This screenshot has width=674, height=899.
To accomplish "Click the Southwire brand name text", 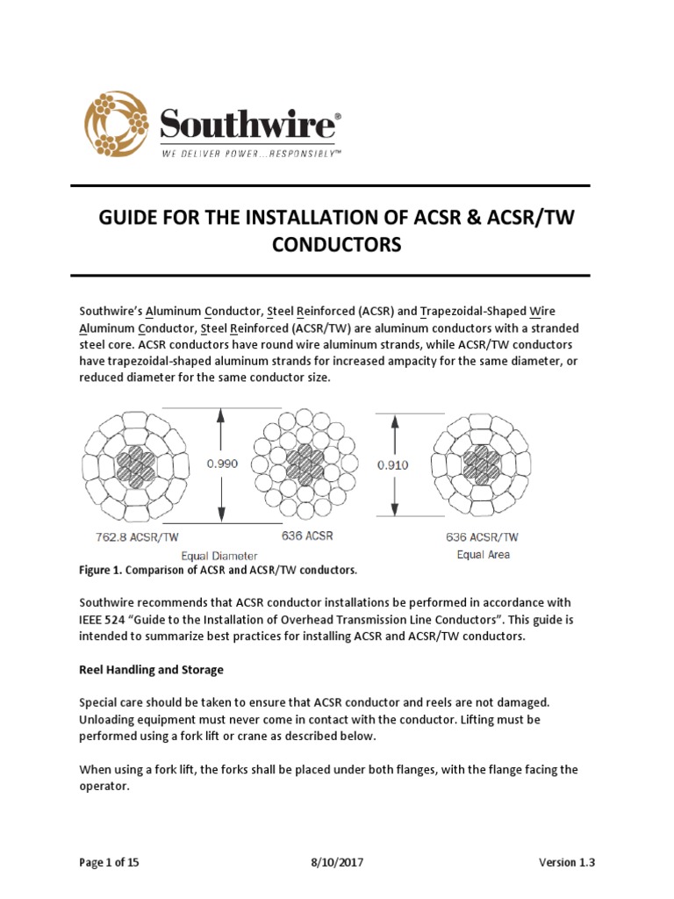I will [247, 123].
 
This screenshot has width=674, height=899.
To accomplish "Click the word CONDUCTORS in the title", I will [336, 245].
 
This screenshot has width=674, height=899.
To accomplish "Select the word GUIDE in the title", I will [132, 217].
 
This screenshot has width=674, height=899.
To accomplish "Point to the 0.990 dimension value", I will [222, 464].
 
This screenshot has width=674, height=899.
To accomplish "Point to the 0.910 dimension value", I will [393, 465].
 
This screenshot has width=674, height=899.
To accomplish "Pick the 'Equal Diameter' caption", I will [219, 555].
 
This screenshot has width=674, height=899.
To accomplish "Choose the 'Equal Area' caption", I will [484, 554].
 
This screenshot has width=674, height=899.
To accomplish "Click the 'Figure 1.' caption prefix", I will [102, 571].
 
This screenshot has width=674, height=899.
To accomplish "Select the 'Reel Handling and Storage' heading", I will [151, 669].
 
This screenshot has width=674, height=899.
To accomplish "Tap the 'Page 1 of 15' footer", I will [109, 862].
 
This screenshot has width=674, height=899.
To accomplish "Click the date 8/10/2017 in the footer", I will [338, 862].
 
